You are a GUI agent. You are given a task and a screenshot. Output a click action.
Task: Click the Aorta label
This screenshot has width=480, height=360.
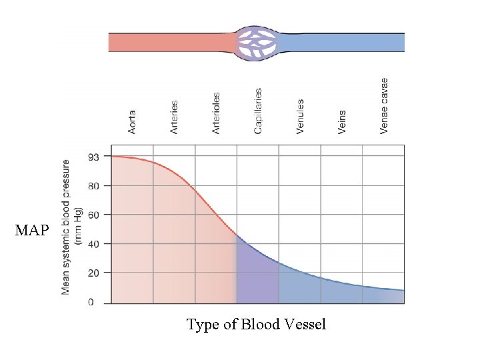click(132, 122)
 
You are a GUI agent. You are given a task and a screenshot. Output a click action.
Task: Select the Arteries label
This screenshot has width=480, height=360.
click(174, 117)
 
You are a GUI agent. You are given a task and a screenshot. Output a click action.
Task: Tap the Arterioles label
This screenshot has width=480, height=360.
click(216, 113)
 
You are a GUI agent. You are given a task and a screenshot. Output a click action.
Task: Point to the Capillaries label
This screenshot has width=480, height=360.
click(258, 111)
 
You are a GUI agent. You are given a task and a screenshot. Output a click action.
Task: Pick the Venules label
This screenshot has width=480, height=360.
click(300, 117)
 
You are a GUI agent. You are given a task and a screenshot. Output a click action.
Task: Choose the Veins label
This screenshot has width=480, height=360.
click(342, 122)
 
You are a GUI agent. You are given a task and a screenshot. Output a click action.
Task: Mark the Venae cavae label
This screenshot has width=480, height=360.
click(384, 105)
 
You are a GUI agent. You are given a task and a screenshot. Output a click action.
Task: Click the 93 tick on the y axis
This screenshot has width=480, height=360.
click(94, 157)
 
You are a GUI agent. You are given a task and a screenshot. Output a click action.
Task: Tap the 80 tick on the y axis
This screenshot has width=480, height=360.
click(94, 186)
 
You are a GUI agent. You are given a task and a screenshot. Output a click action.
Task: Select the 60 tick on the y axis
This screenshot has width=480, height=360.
click(94, 215)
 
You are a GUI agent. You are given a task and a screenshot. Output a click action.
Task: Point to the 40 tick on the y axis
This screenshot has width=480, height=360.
click(94, 245)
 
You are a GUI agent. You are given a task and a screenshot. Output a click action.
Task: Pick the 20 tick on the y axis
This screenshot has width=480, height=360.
click(94, 273)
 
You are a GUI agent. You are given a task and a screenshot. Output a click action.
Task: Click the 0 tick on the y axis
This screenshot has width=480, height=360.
click(91, 303)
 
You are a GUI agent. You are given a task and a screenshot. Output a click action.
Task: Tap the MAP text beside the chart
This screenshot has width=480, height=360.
click(32, 231)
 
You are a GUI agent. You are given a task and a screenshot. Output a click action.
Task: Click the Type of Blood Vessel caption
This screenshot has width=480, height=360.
click(256, 325)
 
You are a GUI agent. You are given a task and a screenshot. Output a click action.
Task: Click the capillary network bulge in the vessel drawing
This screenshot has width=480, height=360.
click(256, 43)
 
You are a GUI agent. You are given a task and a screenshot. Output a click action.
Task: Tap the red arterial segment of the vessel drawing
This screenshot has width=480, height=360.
click(170, 43)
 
